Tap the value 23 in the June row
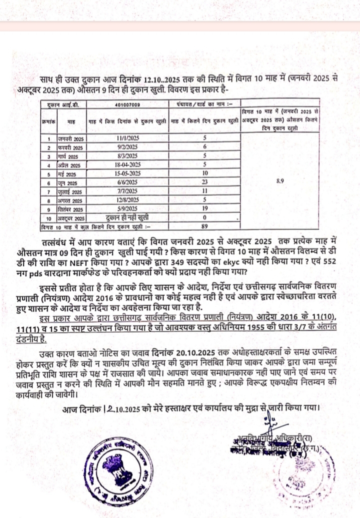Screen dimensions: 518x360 204,182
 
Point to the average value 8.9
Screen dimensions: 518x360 280,181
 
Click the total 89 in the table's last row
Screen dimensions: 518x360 204,227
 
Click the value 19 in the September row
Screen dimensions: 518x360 204,209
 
